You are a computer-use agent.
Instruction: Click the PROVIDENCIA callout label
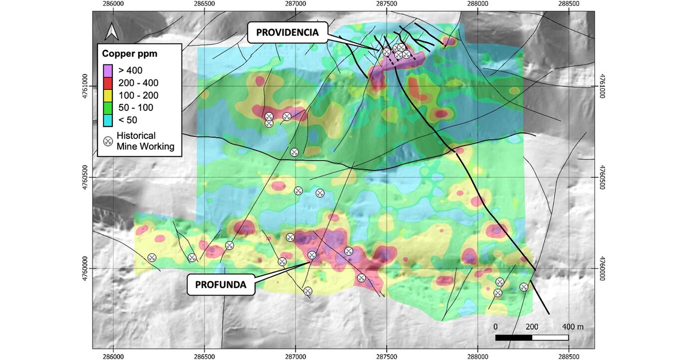pos(287,32)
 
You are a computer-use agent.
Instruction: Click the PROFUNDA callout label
pos(221,285)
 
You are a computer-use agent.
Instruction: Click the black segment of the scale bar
pos(513,338)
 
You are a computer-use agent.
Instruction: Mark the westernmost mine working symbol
pos(152,258)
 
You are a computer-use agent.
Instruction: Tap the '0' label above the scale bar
pos(495,326)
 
